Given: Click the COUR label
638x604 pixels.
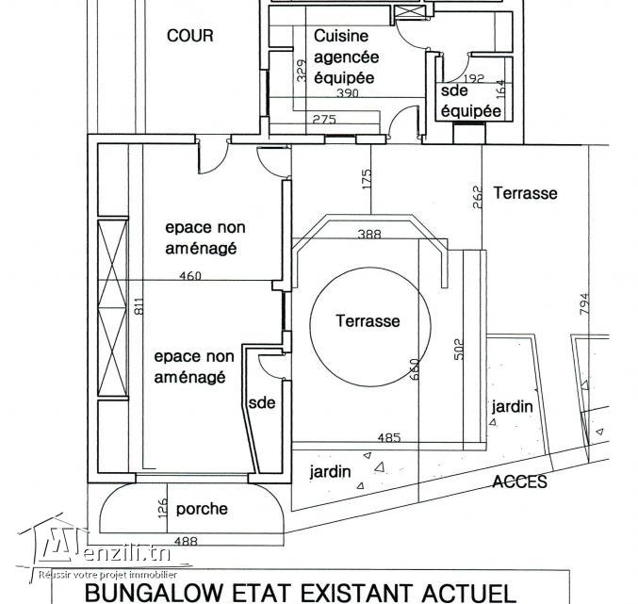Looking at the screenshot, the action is coord(190,36).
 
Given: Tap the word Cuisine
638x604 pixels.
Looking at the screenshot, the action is coord(341,36).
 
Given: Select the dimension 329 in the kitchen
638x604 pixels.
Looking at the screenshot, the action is coord(302,71).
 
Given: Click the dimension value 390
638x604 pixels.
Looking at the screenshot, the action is coord(348,93).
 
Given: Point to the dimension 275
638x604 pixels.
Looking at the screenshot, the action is coord(324,119).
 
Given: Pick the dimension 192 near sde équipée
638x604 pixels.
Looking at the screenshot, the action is coord(474,78).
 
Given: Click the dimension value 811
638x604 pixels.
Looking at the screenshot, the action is coord(139,306).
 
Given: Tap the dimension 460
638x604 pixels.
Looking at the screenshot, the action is coord(190,276).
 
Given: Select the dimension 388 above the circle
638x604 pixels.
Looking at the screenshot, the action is coord(369,234).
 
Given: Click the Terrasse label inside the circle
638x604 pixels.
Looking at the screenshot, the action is coord(368,321).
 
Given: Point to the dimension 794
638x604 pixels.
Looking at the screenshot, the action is coord(584,303).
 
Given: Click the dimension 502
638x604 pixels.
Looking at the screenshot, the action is coord(459,349).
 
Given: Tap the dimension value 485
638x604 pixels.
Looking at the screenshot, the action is coord(389,437).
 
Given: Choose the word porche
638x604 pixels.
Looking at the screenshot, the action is coord(202,509).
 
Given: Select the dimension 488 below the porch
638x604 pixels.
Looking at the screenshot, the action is coord(186,541).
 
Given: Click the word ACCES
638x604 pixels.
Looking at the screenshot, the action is coord(519,482).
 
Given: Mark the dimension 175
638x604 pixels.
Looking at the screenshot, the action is coord(367,179).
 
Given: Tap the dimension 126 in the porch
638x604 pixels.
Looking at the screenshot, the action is coord(162,509).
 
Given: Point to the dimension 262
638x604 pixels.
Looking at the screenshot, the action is coord(477,197).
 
